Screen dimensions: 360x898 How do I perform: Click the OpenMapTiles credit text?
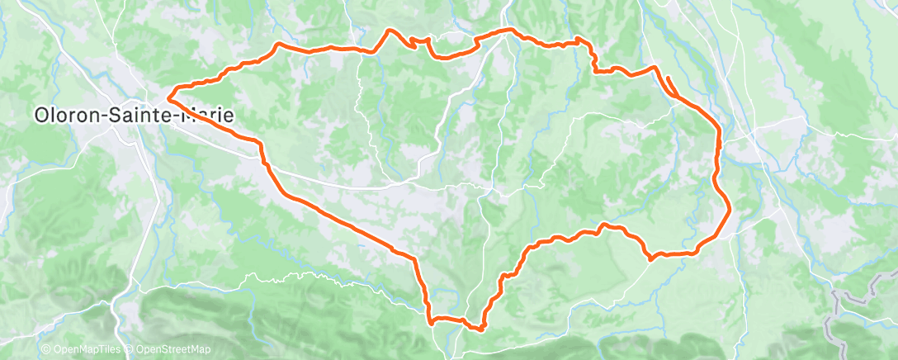coord(85,350)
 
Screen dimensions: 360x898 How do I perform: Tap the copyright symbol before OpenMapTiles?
coord(45,350)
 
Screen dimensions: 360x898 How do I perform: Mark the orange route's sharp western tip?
coord(168,100)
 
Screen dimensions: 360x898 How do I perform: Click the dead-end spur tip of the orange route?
coord(664,77)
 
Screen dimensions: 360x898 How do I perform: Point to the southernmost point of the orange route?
coord(480,329)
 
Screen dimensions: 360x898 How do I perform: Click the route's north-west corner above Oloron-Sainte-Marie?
coord(278,44)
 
